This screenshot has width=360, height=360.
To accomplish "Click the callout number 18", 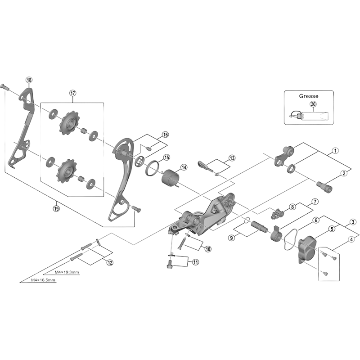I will click(x=29, y=80).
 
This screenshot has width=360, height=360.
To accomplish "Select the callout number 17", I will click(x=72, y=93).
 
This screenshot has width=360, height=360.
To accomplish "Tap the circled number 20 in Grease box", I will click(x=313, y=104).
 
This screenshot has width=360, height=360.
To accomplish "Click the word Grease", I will click(x=308, y=96).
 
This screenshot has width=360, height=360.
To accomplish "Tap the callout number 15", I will click(x=166, y=157).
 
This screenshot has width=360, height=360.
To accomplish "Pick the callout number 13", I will click(x=232, y=158).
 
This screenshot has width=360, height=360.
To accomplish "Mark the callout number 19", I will click(x=56, y=208).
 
